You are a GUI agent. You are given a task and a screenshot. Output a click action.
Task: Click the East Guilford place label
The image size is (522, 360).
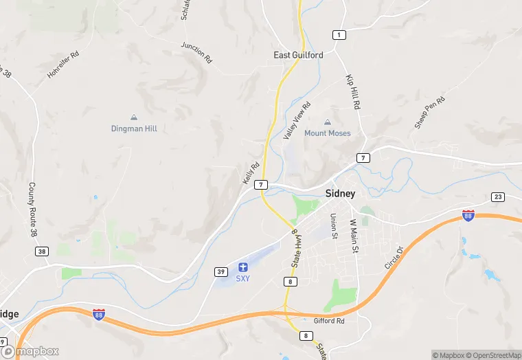point(298,55)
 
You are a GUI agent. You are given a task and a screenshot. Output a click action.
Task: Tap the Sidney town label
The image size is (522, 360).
point(340,194)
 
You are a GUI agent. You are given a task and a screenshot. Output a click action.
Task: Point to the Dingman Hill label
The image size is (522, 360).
point(134,128)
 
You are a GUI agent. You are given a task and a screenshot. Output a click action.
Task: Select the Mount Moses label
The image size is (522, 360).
point(328,133)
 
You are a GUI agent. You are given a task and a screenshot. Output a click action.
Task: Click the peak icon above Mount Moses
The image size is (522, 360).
point(328,122)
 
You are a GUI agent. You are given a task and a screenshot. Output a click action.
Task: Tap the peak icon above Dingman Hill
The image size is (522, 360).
point(134,117)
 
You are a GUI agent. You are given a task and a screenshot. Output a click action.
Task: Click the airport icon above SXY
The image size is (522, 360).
point(242,267)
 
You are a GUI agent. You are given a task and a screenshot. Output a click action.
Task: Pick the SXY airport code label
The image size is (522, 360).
point(242,278)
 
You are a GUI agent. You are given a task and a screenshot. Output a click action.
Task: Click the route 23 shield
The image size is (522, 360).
point(498,197)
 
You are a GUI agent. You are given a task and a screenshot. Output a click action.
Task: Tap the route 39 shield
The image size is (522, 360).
point(220,271)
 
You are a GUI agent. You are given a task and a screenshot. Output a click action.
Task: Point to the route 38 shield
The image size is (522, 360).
point(42,251)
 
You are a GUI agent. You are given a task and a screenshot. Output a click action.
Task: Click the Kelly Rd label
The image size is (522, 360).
point(251,172)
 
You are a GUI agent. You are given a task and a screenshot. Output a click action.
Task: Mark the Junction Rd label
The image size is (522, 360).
point(196,52)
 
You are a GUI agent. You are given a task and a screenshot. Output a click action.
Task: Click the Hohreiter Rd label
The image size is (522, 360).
point(60,65)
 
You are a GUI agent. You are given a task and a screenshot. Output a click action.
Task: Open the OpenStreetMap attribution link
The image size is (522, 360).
point(494,355)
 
